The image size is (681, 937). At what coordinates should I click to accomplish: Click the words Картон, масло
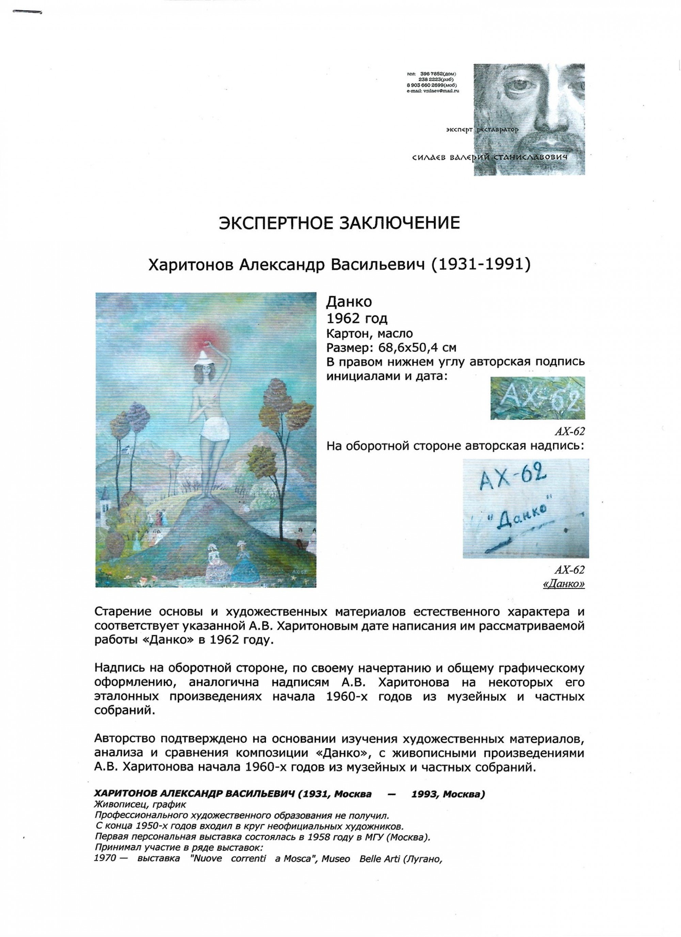click(369, 333)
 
